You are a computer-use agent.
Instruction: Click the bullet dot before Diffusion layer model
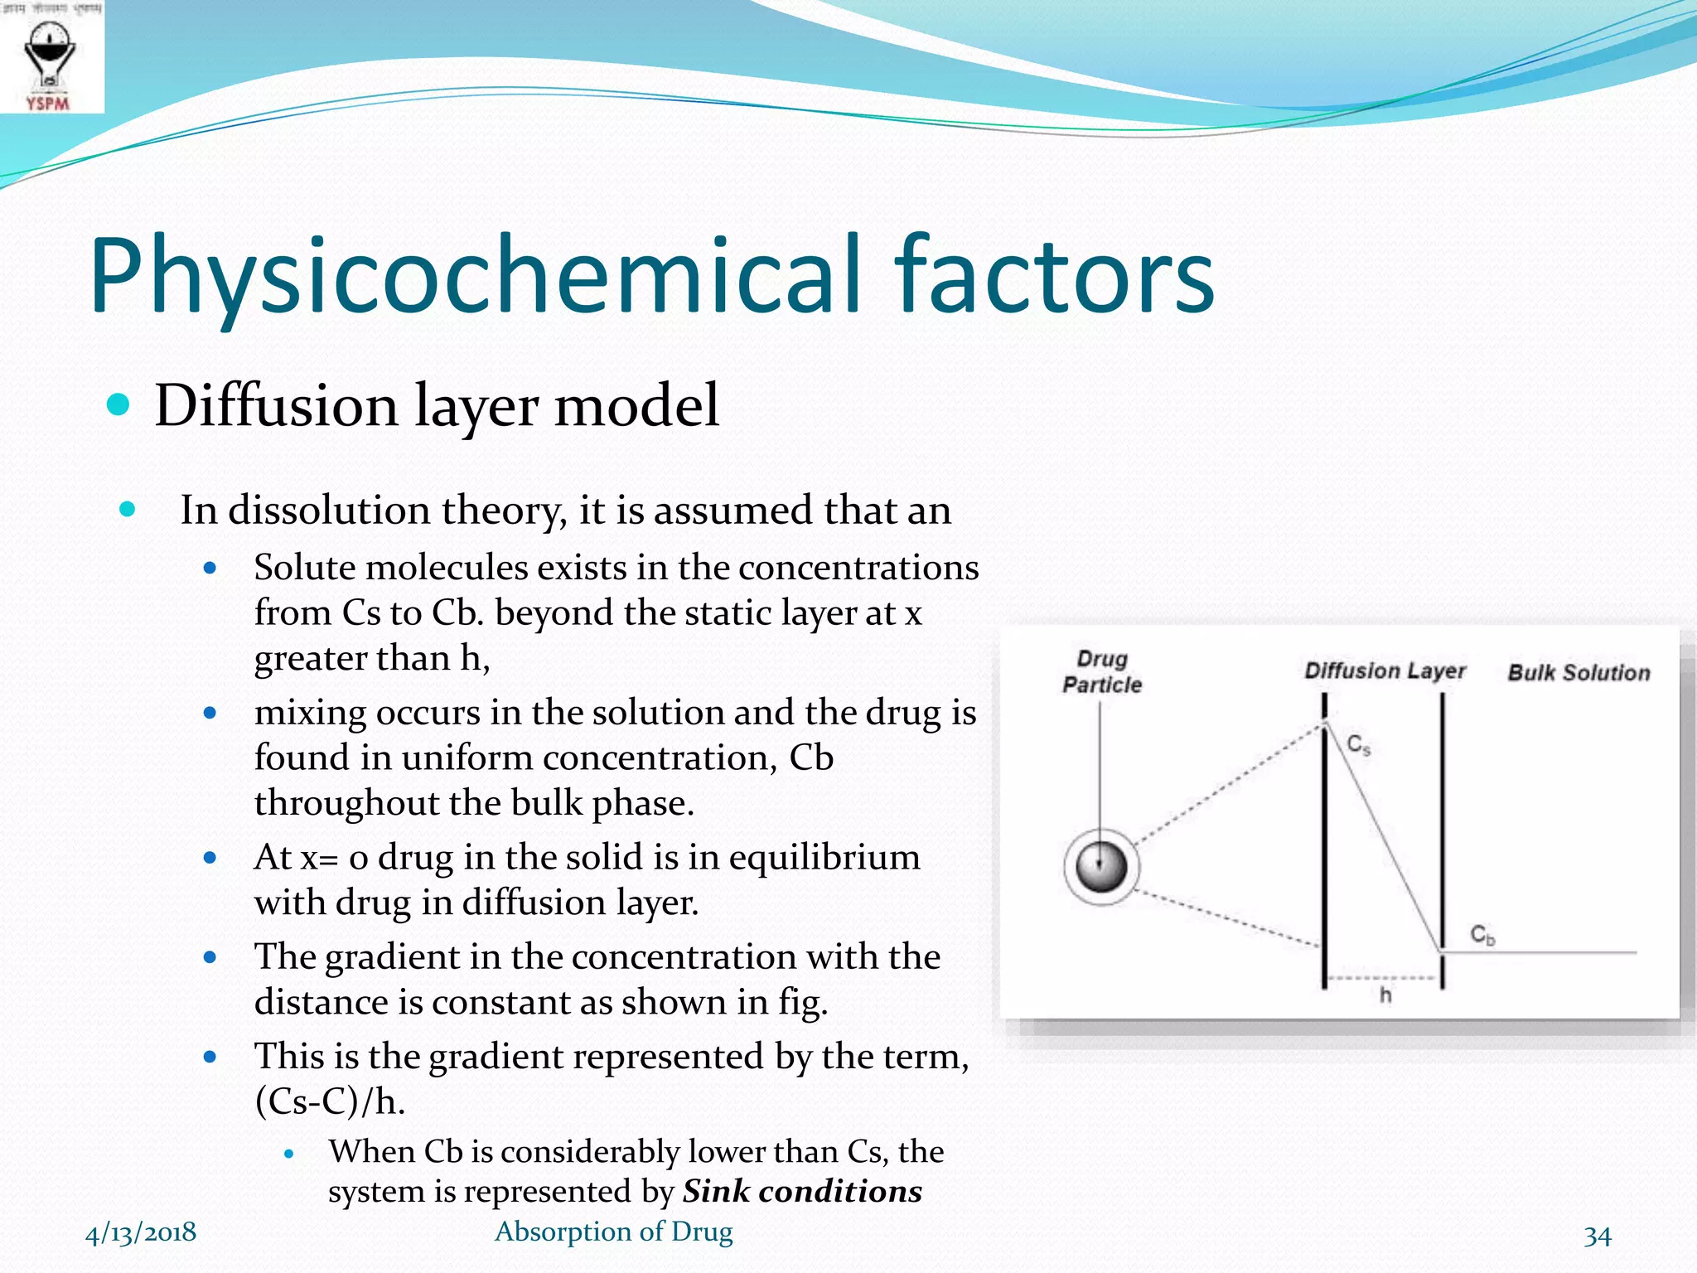pyautogui.click(x=119, y=404)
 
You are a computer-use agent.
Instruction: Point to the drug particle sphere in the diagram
pyautogui.click(x=1101, y=867)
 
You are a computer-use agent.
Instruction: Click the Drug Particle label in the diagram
pyautogui.click(x=1102, y=672)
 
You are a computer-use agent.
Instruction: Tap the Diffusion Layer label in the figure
pyautogui.click(x=1385, y=670)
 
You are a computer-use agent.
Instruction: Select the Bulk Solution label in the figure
pyautogui.click(x=1579, y=672)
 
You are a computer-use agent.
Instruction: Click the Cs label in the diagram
pyautogui.click(x=1359, y=745)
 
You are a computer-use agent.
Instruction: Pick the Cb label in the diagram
pyautogui.click(x=1482, y=936)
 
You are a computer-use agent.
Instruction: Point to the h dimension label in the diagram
pyautogui.click(x=1385, y=995)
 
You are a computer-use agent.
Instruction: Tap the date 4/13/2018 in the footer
pyautogui.click(x=141, y=1232)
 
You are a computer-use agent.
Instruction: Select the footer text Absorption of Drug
pyautogui.click(x=613, y=1232)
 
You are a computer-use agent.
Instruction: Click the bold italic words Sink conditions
pyautogui.click(x=802, y=1192)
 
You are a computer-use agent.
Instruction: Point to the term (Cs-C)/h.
pyautogui.click(x=330, y=1101)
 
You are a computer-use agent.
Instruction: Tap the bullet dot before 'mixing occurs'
pyautogui.click(x=210, y=713)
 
